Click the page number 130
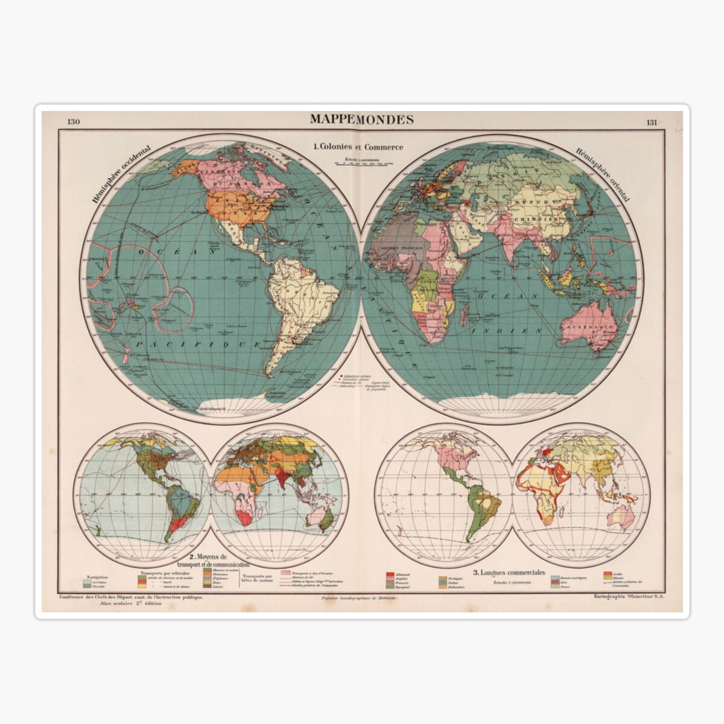click(x=74, y=122)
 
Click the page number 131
click(x=652, y=122)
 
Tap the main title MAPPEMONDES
click(x=362, y=119)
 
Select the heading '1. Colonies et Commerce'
click(x=358, y=146)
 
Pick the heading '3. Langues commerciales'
click(x=510, y=572)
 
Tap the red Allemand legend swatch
click(x=390, y=573)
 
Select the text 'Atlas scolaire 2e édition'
click(x=127, y=603)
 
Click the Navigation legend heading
click(x=98, y=577)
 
